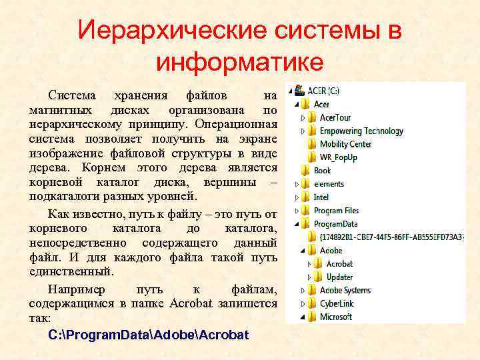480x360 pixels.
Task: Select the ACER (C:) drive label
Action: (323, 90)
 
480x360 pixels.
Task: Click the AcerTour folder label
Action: (335, 117)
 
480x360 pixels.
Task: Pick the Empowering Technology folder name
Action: (361, 131)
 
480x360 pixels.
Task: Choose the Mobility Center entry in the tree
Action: (345, 144)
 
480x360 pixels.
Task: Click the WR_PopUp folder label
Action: (338, 157)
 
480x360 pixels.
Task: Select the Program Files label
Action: (336, 211)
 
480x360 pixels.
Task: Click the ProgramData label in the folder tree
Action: (335, 224)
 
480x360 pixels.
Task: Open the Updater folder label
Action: (339, 277)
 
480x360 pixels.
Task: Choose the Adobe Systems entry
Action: (345, 290)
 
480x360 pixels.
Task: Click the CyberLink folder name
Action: (337, 303)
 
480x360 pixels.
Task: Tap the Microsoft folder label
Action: (336, 317)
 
